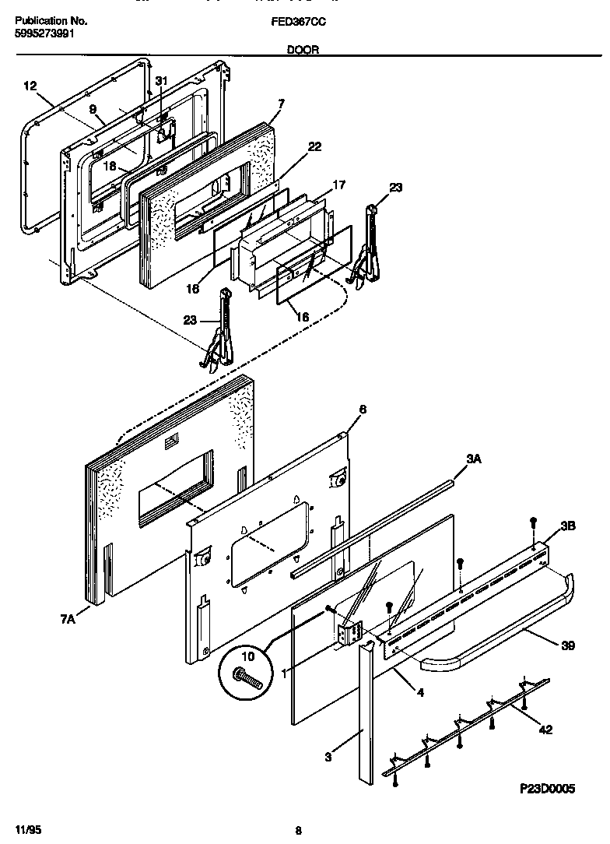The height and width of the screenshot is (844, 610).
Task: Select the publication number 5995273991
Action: coord(45,34)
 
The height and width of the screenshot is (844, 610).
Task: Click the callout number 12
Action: coord(30,87)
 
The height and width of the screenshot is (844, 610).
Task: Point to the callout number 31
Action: coord(161,81)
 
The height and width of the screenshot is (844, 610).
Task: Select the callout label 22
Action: coord(314,146)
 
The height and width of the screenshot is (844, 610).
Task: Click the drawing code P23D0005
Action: coord(547,789)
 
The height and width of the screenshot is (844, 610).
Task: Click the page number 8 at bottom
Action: coord(298,831)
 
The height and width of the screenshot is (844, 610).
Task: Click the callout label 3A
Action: coord(474,460)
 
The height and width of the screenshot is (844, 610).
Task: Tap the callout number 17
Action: coord(338,185)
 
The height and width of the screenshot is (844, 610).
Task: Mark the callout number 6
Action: coord(362,409)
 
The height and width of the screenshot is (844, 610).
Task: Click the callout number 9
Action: coord(92,111)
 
